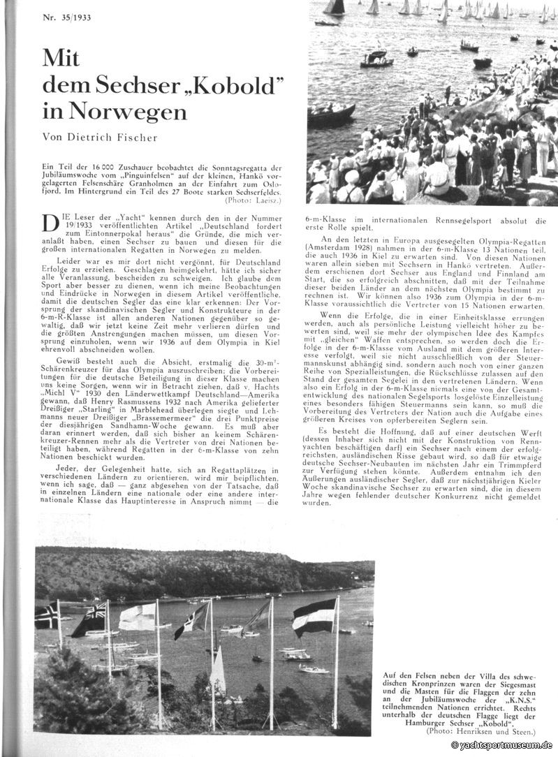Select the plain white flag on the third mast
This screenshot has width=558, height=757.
tap(136, 617)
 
